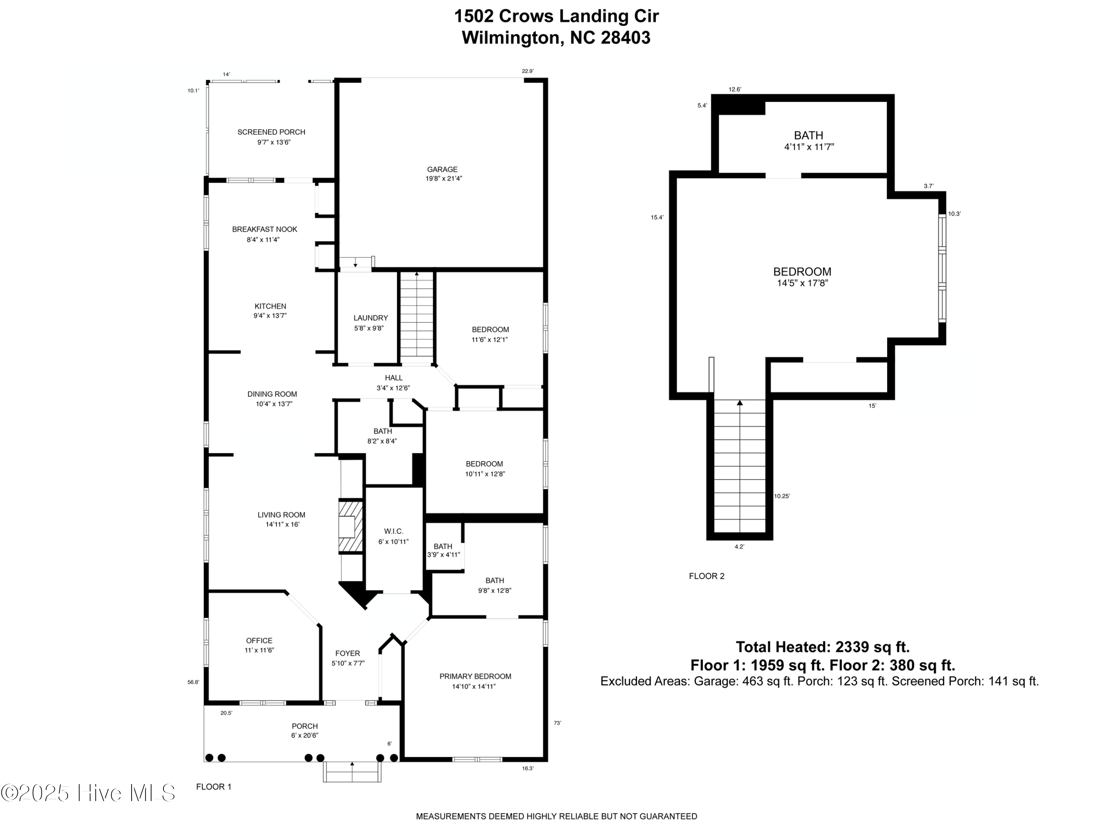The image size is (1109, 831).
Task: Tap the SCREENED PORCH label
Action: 271,132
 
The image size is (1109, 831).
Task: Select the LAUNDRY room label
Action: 370,318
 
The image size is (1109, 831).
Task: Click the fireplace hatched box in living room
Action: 350,527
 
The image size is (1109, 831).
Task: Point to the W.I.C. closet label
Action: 394,531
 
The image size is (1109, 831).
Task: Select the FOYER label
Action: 347,654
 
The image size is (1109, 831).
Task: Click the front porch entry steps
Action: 352,772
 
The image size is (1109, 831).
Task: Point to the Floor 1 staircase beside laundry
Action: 417,318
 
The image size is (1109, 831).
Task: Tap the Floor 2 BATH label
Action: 808,135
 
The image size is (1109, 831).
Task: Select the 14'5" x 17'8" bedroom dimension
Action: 802,283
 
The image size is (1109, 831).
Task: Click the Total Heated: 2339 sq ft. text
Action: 822,647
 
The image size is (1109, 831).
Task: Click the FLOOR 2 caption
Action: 706,576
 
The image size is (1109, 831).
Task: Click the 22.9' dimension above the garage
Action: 528,71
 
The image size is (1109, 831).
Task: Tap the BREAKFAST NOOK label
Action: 265,229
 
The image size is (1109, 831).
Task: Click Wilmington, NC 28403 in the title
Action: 556,38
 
